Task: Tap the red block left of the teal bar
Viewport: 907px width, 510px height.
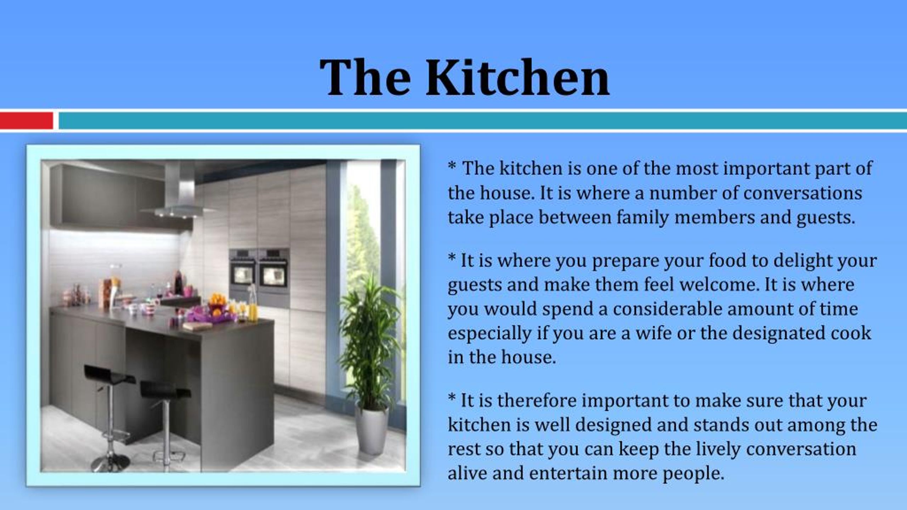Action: coord(26,121)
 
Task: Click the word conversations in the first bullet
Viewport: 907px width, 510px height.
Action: coord(802,193)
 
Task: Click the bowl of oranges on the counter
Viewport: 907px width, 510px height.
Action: coord(217,301)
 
